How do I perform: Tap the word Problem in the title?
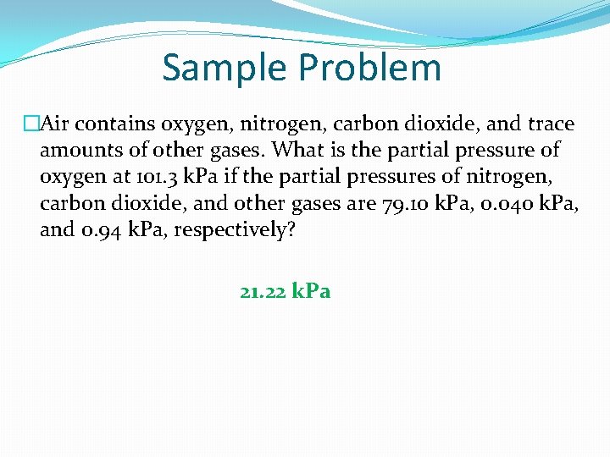click(x=372, y=68)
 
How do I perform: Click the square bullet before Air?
click(x=31, y=124)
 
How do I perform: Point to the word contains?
click(x=109, y=124)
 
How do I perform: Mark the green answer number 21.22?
click(x=262, y=292)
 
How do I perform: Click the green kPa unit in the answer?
click(x=311, y=292)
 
